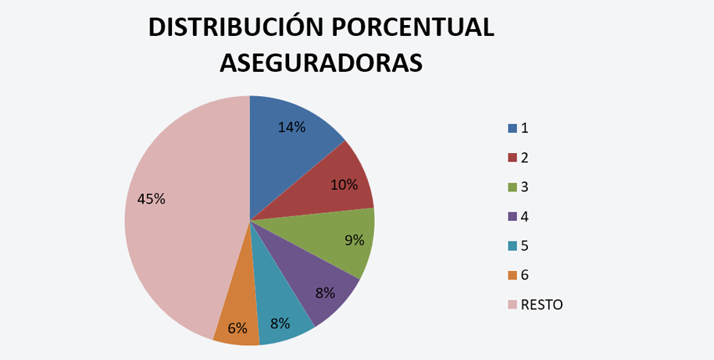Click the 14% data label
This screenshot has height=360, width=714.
click(x=291, y=127)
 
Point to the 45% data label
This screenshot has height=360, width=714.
click(x=151, y=198)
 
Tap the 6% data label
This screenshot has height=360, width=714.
click(x=237, y=328)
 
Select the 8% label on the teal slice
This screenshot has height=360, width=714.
click(x=280, y=323)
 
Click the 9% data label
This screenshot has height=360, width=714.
click(x=354, y=240)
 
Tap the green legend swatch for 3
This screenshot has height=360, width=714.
click(x=512, y=187)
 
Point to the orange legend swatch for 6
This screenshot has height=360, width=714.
click(x=512, y=276)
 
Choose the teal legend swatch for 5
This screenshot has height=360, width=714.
click(x=512, y=246)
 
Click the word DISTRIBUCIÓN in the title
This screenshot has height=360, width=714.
click(x=230, y=27)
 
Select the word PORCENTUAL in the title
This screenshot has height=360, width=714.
click(x=407, y=27)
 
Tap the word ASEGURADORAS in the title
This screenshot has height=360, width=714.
click(x=321, y=63)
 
